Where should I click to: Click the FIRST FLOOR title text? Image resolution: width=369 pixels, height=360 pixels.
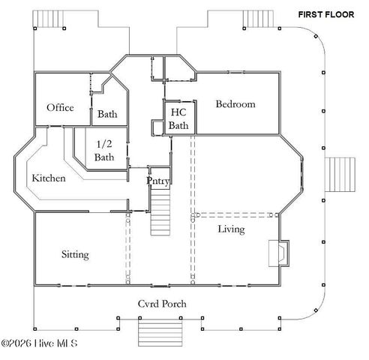click(326, 14)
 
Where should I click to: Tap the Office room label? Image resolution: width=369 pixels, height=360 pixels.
click(60, 108)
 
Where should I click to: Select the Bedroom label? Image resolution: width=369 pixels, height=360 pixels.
click(235, 104)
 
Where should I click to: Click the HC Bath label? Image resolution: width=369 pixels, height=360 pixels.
click(178, 118)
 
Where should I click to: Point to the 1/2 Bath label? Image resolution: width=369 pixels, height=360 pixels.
click(104, 151)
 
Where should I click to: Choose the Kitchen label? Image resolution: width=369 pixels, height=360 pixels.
click(49, 178)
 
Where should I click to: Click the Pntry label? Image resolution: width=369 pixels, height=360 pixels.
click(158, 180)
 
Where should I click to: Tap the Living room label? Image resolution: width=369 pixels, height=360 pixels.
click(231, 229)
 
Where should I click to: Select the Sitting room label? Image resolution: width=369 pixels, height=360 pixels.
click(75, 255)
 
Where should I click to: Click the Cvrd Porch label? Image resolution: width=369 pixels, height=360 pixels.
click(161, 304)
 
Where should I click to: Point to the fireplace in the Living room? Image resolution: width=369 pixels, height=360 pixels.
click(277, 252)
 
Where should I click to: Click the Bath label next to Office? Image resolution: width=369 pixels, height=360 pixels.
click(106, 115)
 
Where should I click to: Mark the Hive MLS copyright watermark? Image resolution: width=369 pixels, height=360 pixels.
click(50, 344)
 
